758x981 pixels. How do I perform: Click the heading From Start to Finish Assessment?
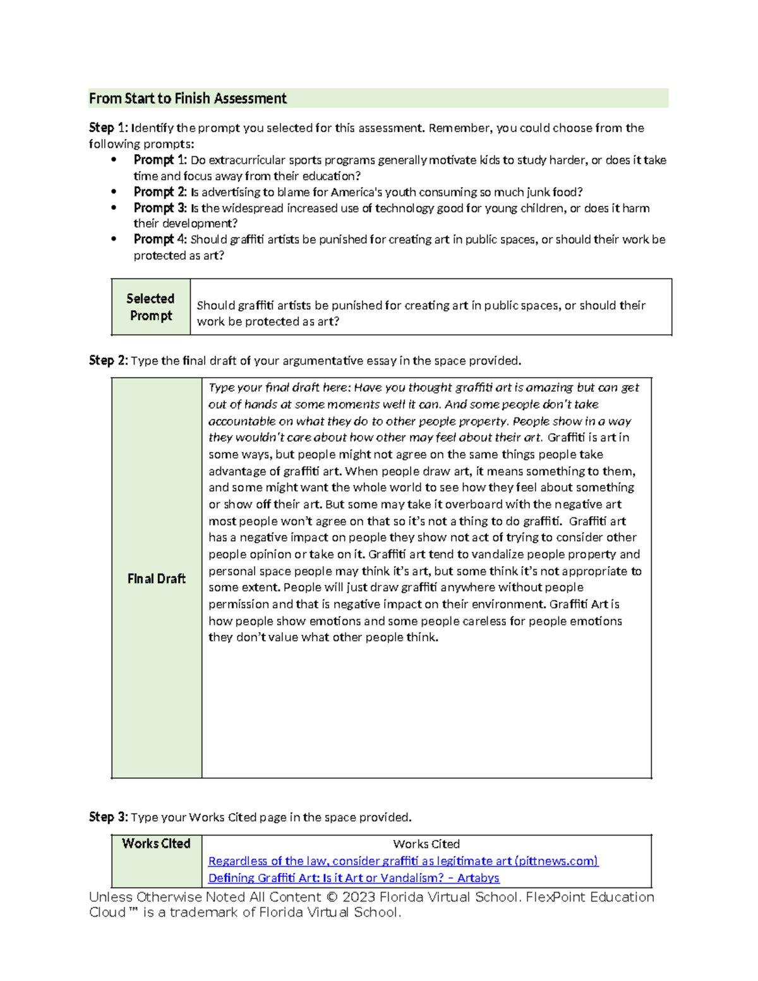click(x=188, y=99)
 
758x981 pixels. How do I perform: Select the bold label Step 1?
click(x=108, y=128)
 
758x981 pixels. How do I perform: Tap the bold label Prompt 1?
click(x=160, y=160)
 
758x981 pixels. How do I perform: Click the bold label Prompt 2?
click(x=160, y=192)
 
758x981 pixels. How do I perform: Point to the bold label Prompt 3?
click(x=160, y=208)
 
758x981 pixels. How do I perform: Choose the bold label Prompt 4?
click(x=160, y=239)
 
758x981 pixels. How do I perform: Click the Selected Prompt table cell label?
click(x=150, y=307)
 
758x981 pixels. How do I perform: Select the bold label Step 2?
click(x=108, y=361)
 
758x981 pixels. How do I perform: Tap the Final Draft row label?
click(x=156, y=579)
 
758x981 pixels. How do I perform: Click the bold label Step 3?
click(x=108, y=817)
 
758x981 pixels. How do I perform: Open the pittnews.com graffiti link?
click(x=403, y=861)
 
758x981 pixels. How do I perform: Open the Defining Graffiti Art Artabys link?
click(x=354, y=878)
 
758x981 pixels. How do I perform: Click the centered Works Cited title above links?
click(x=426, y=844)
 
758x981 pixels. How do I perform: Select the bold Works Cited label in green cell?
click(x=156, y=844)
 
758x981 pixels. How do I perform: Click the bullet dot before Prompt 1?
click(x=114, y=160)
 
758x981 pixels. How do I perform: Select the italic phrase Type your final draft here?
click(x=280, y=388)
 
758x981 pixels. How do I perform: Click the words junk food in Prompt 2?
click(x=553, y=192)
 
